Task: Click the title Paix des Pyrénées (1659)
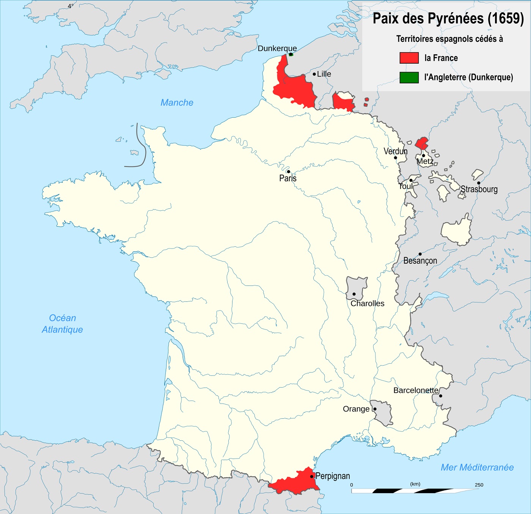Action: pos(448,19)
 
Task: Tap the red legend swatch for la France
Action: pos(409,58)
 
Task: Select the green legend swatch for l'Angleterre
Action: pos(409,77)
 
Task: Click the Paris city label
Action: pos(288,178)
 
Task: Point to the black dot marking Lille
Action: pos(314,74)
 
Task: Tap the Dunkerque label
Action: pos(277,48)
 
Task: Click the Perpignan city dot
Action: pos(312,476)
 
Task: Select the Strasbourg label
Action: pos(479,189)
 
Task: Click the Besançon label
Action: pos(420,261)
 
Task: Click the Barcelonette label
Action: pos(416,390)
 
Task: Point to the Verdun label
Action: pos(395,151)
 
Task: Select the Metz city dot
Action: pos(423,155)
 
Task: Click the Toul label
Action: pos(405,186)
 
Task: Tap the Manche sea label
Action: pos(177,102)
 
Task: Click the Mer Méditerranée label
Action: pos(477,467)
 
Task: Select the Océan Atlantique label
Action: pos(63,323)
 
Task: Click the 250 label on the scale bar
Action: pos(479,485)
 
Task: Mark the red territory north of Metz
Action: pos(422,143)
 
